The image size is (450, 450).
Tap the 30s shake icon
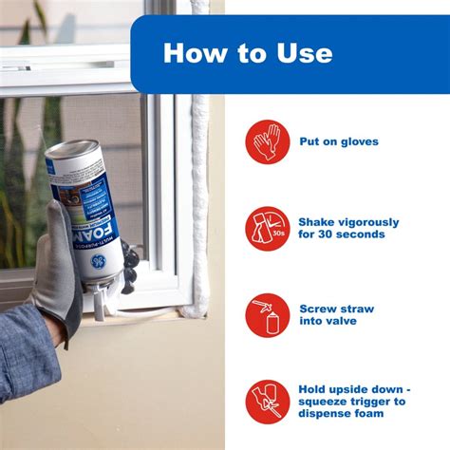[268, 228]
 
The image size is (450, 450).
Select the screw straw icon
[268, 315]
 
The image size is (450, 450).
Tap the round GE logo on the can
[100, 262]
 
